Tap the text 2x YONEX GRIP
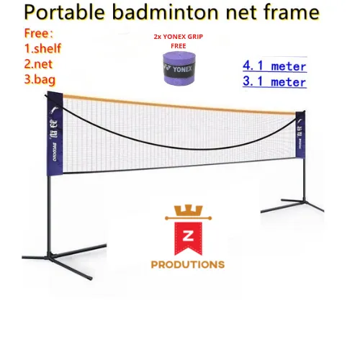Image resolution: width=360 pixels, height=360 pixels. click(x=178, y=35)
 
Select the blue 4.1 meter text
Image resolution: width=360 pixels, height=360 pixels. click(x=274, y=66)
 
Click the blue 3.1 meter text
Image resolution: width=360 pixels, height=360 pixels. click(x=274, y=81)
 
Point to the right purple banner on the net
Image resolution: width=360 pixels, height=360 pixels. click(x=300, y=133)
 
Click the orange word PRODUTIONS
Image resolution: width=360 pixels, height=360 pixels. click(x=187, y=264)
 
